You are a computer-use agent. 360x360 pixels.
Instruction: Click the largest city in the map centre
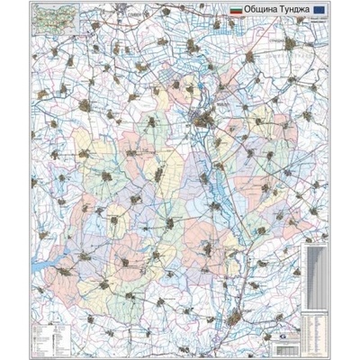point(203,118)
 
